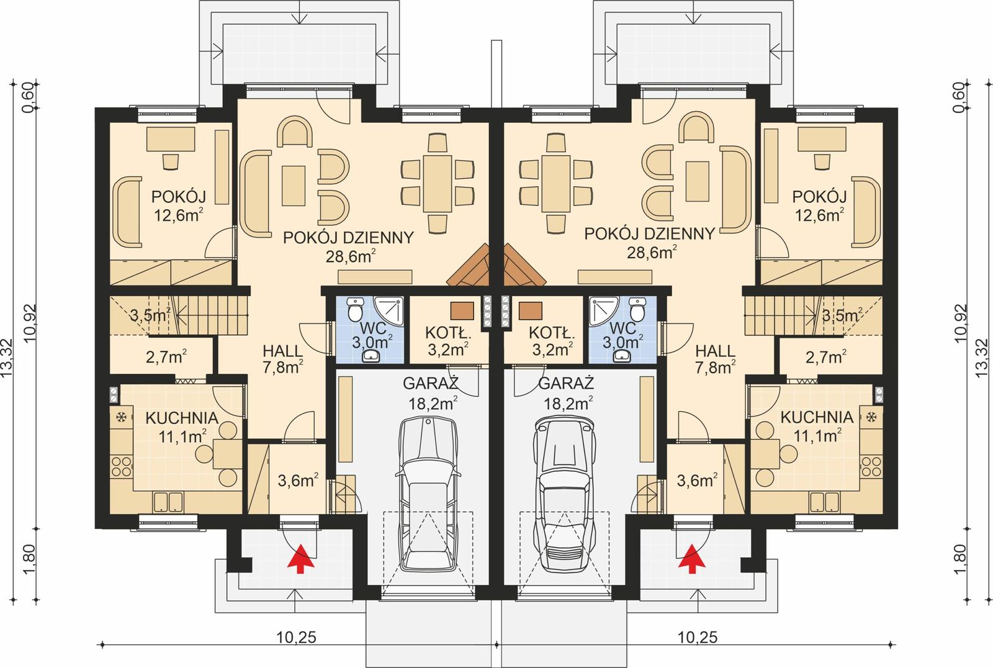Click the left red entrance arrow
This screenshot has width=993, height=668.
tap(300, 557)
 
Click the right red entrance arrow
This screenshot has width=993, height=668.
tap(692, 557)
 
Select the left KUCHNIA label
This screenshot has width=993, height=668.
tap(181, 418)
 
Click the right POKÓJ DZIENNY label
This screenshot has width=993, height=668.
tap(650, 233)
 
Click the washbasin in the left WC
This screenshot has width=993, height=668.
tap(371, 355)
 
